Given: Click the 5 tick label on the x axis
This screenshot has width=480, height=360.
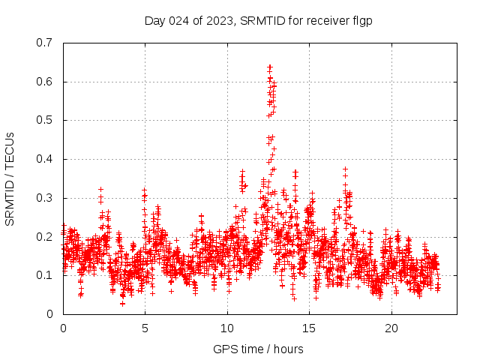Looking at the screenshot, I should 145,328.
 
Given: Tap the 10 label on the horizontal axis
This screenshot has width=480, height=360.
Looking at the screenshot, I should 227,328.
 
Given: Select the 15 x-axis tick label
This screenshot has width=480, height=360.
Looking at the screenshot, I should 309,328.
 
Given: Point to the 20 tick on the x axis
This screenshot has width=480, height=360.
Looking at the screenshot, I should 391,328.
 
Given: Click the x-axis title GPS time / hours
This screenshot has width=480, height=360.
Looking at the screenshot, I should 259,349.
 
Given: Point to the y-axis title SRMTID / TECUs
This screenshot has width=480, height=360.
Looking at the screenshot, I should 10,178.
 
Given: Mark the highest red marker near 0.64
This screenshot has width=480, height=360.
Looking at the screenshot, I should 269,66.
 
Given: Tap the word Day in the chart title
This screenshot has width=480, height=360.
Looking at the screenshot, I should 154,21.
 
